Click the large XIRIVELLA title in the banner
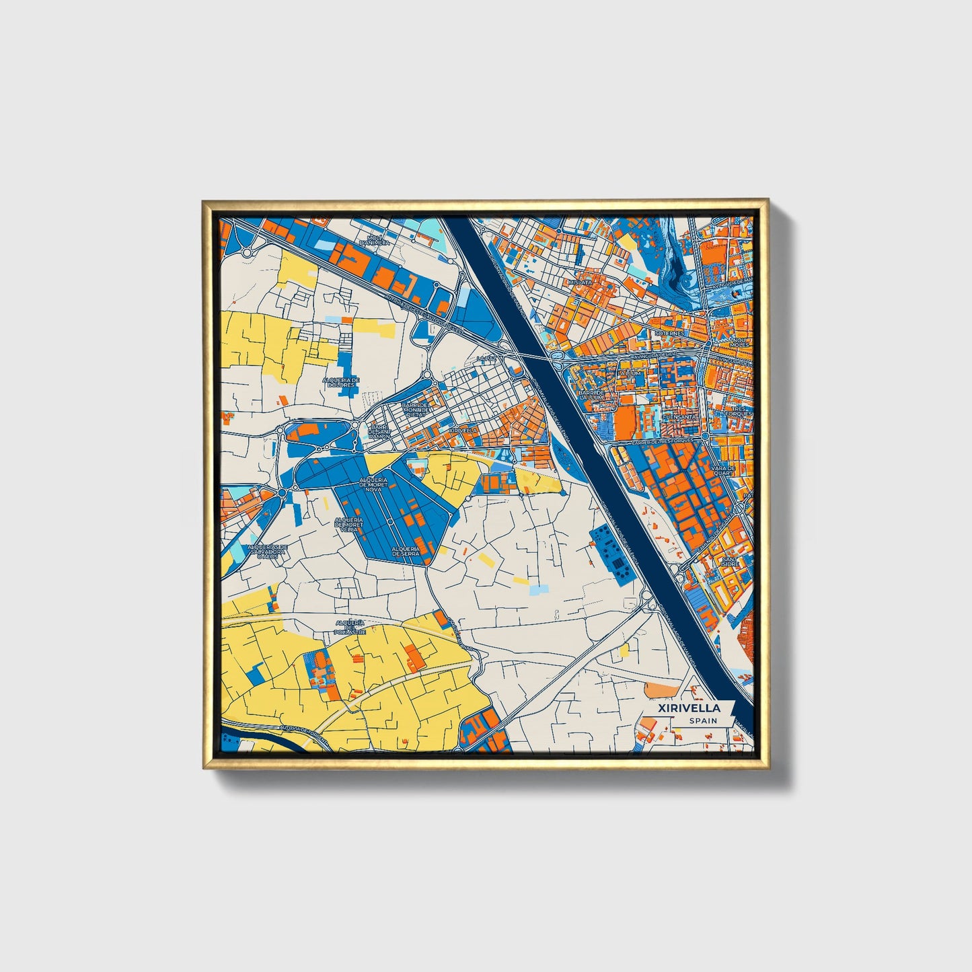(x=689, y=708)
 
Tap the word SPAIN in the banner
(x=703, y=721)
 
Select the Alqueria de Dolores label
(x=341, y=383)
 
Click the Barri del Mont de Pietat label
(x=414, y=410)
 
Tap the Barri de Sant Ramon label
(x=379, y=432)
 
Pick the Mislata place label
(x=581, y=283)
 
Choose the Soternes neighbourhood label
(x=669, y=333)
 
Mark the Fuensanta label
(x=679, y=417)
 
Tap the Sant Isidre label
(x=729, y=561)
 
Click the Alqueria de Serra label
(x=406, y=551)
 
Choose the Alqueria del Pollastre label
(x=350, y=628)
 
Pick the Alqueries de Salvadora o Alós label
(x=268, y=551)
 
